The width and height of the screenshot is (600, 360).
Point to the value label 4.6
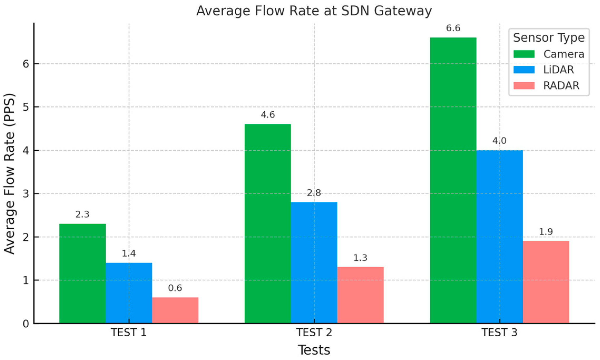coord(268,115)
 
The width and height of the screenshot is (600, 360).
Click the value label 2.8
coord(314,193)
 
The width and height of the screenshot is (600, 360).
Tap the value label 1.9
coord(546,232)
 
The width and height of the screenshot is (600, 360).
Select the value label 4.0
coord(499,141)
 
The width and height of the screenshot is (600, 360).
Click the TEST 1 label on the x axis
coord(129,333)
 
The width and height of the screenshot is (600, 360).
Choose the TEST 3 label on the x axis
coord(499,333)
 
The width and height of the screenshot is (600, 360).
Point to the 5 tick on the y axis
coord(26,107)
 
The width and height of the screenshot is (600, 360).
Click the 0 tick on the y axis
coord(26,324)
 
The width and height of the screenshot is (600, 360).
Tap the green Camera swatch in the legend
coord(524,54)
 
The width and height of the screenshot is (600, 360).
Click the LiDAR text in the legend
coord(558,70)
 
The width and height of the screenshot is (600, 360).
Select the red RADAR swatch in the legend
coord(524,86)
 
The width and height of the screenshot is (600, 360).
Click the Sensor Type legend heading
coord(549,38)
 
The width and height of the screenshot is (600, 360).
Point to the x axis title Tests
coord(314,350)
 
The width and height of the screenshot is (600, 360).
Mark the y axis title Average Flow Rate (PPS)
coord(9,174)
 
